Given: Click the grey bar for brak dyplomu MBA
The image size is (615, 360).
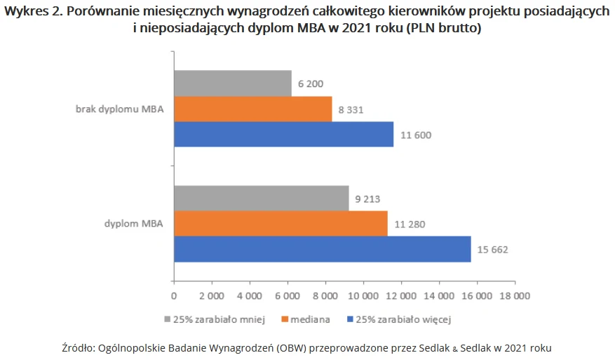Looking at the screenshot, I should (232, 84).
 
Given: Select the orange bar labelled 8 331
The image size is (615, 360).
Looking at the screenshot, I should (252, 109).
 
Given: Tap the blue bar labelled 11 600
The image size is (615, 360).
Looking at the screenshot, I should (283, 134).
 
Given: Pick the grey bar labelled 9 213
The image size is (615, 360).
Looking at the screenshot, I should (261, 199).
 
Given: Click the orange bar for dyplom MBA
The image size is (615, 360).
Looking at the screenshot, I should (281, 224).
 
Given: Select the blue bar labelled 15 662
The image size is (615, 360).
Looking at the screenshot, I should (322, 249).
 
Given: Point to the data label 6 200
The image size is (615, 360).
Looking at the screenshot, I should (311, 84).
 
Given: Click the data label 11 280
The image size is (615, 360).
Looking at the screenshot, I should (410, 225).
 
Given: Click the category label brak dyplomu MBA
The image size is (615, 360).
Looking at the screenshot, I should (119, 109).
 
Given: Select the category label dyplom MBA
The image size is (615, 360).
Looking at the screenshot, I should (133, 225).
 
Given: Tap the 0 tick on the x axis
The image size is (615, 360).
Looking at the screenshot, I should (174, 295).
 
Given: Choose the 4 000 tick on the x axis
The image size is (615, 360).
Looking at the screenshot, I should (250, 295).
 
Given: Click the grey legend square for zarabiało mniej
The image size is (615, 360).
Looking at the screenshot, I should (168, 319).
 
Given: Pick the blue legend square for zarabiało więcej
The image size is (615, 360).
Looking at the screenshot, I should (350, 319).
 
